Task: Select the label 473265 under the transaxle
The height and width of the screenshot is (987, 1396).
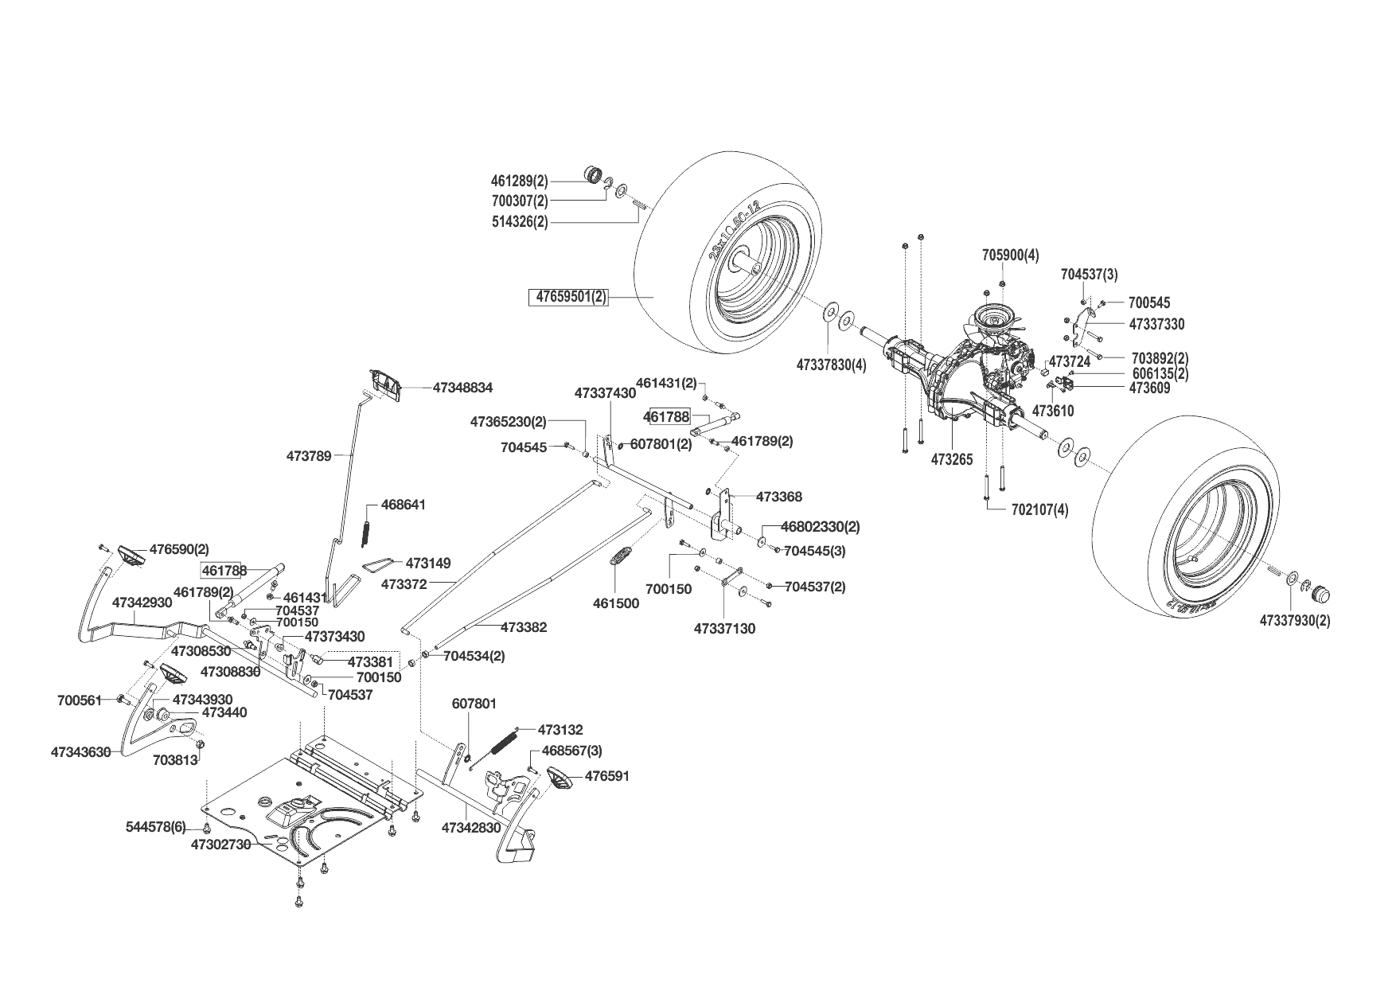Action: (952, 460)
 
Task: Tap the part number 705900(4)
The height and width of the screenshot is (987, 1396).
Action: (1010, 256)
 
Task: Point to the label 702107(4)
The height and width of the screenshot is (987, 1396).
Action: (1039, 510)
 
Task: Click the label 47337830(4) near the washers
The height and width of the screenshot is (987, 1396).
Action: (831, 365)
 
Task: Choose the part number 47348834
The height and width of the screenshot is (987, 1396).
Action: (462, 388)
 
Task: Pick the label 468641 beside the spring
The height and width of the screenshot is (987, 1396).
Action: (404, 505)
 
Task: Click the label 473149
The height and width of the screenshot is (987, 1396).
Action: (427, 563)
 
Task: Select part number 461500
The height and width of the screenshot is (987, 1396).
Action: (615, 603)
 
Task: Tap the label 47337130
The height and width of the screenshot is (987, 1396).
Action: (724, 629)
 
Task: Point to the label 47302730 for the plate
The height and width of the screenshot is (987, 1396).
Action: (220, 845)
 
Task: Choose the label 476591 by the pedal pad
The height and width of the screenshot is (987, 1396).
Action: (607, 775)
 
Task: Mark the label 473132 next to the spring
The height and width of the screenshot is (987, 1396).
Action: (560, 729)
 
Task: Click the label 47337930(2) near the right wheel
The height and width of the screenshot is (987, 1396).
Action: (1294, 620)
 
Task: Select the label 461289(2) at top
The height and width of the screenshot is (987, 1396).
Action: (521, 181)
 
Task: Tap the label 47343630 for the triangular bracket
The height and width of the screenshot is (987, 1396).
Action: (80, 751)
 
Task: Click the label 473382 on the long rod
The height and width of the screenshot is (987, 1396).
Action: (524, 627)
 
